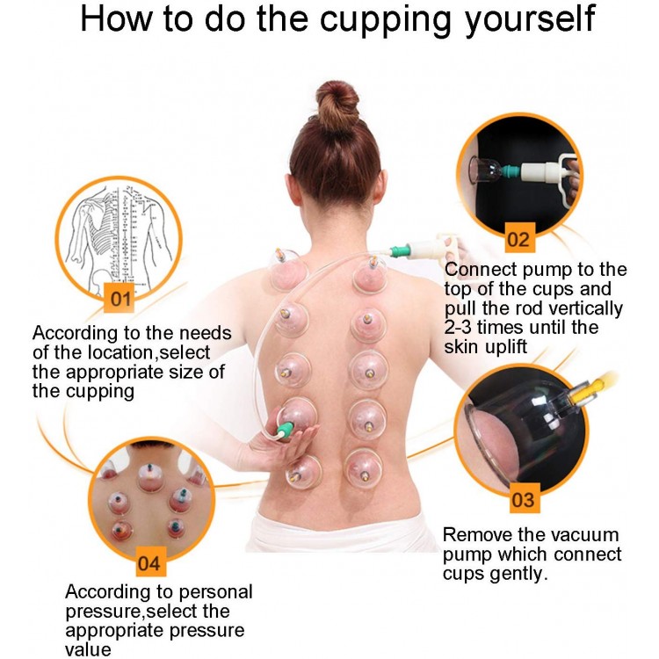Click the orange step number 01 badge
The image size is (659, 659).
120,299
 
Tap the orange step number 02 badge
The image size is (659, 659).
519,238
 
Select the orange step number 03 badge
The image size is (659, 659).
524,499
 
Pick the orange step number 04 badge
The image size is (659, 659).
150,562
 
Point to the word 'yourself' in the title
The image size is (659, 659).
530,18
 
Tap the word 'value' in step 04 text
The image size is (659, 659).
88,649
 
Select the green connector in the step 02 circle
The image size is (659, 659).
511,171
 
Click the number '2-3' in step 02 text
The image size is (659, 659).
459,327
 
